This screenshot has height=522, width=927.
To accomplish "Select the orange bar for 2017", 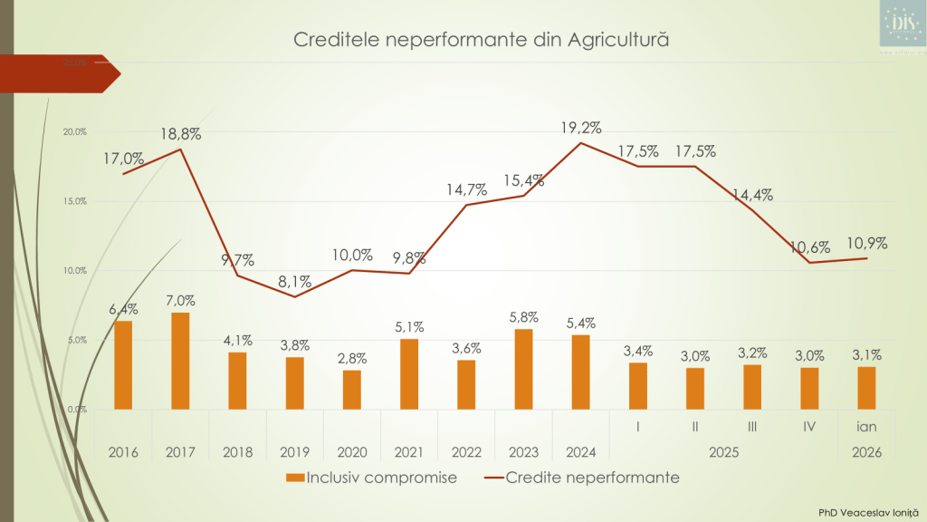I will click(x=180, y=361).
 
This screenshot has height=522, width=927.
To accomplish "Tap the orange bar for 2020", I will click(x=352, y=390).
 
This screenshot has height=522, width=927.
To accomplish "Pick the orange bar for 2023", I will click(x=523, y=369).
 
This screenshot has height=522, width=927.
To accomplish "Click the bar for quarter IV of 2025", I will click(x=809, y=388).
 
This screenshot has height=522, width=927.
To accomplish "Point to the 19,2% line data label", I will click(x=581, y=128).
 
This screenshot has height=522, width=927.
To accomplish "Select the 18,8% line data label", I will click(x=180, y=134).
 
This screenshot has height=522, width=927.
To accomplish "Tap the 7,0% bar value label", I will click(x=180, y=301).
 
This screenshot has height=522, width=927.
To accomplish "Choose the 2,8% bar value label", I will click(x=352, y=358).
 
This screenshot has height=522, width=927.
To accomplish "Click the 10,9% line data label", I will click(x=866, y=243).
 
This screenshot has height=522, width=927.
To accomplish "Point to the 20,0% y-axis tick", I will click(x=74, y=131).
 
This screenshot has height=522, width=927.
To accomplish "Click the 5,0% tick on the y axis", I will click(x=75, y=340).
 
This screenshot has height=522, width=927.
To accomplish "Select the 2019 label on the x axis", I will click(x=295, y=450).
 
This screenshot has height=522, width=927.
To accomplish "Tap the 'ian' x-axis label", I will click(x=866, y=426).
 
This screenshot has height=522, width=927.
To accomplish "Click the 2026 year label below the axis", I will click(x=866, y=450).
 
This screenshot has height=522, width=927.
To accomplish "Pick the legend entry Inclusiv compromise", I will click(x=371, y=477).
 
